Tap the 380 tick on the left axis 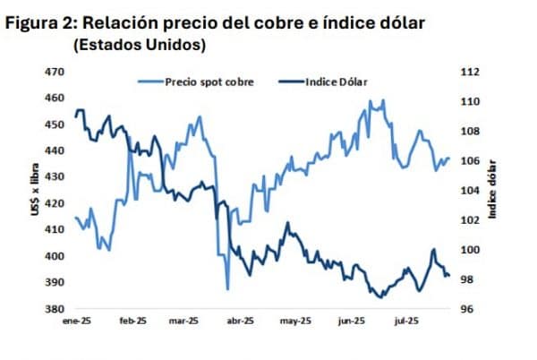point(56,309)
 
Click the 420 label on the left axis point(56,203)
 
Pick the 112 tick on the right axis point(470,72)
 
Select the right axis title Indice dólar point(493,190)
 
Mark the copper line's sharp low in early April point(227,288)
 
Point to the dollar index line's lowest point point(379,296)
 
